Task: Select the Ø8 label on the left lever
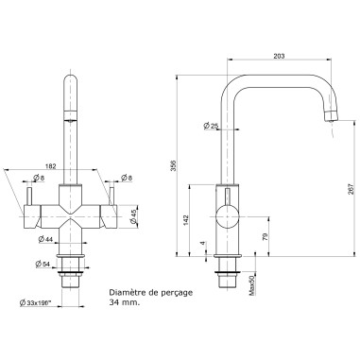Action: (x=37, y=178)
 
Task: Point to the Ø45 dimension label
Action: (x=133, y=214)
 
